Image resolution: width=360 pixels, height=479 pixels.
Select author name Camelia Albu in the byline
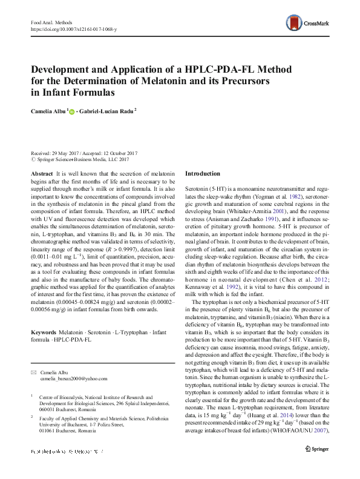pyautogui.click(x=50, y=111)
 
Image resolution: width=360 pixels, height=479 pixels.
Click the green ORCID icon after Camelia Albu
pyautogui.click(x=74, y=112)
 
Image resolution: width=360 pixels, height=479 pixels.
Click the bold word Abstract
pyautogui.click(x=41, y=174)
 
